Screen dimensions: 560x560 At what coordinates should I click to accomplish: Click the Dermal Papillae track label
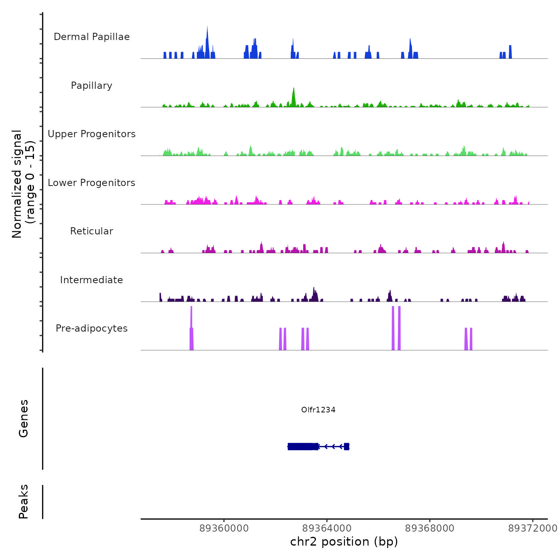pos(92,37)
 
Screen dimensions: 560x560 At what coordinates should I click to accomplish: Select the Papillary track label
pos(92,86)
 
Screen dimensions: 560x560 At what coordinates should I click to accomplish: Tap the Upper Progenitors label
pos(92,134)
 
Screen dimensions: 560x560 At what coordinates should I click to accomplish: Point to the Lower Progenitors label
pos(92,183)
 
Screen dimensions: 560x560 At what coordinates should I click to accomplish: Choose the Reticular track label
pos(92,231)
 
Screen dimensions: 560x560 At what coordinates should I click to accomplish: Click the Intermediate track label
pos(92,280)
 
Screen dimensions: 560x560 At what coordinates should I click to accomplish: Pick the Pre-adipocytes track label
pos(92,328)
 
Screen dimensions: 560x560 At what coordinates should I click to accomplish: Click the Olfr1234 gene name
pos(318,410)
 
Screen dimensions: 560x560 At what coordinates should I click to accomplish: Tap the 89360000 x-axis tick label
pos(224,528)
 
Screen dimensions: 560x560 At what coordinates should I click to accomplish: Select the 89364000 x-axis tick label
pos(327,528)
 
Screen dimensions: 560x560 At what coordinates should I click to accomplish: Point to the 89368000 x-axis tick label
pos(430,528)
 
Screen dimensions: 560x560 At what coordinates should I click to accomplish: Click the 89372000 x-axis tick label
pos(532,528)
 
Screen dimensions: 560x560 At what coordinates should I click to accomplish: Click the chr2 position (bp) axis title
pos(344,542)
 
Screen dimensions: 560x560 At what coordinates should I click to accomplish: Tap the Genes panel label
pos(24,418)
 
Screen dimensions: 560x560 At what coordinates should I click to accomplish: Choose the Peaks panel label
pos(24,502)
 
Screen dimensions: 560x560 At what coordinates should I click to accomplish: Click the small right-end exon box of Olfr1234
pos(346,446)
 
